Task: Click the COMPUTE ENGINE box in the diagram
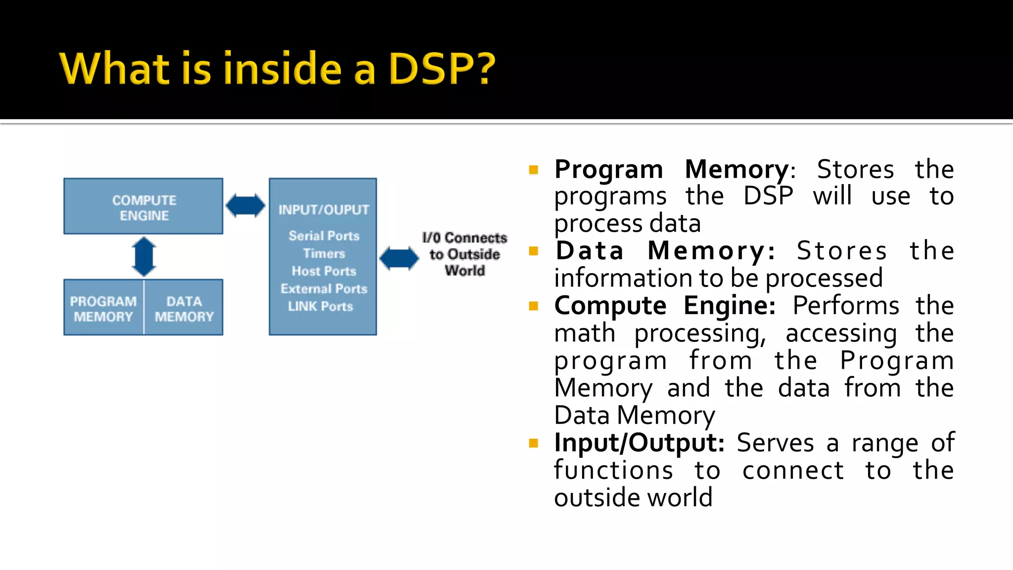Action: [x=143, y=207]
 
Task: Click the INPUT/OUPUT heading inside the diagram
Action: [x=323, y=210]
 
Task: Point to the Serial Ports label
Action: [x=324, y=236]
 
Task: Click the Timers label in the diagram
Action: [x=324, y=253]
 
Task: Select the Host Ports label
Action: [x=324, y=271]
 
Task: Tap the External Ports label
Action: [x=324, y=289]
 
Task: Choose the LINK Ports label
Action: [x=321, y=306]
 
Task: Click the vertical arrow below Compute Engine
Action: [x=144, y=256]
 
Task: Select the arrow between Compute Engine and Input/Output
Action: [x=245, y=205]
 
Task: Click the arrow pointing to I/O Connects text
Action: [x=399, y=258]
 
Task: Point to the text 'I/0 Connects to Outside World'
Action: [x=464, y=254]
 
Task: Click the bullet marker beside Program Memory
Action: [x=533, y=170]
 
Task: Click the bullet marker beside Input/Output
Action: [x=533, y=443]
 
